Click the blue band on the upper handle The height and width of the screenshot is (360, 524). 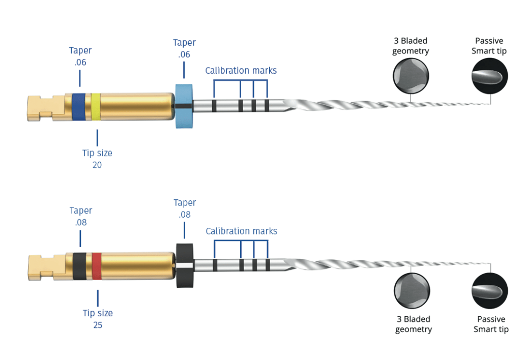78,107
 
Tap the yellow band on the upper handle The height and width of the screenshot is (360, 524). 95,107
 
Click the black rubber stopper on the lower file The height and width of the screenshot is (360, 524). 185,265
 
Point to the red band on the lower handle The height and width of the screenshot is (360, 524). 97,265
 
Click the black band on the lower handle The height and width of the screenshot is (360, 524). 79,265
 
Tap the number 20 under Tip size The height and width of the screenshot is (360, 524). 97,165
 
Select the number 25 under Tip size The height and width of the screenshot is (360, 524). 97,325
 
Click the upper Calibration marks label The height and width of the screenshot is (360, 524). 241,71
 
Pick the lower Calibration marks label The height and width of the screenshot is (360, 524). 241,231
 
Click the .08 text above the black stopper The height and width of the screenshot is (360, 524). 185,215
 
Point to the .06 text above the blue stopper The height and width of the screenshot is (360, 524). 184,54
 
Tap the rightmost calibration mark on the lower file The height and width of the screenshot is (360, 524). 267,265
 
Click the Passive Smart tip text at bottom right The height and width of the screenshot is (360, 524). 491,324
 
